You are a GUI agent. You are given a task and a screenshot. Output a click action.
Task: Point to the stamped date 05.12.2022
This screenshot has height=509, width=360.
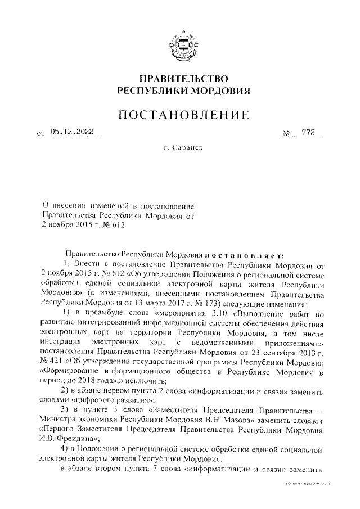coord(72,132)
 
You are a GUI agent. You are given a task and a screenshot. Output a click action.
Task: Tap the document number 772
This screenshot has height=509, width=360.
coord(308,132)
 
